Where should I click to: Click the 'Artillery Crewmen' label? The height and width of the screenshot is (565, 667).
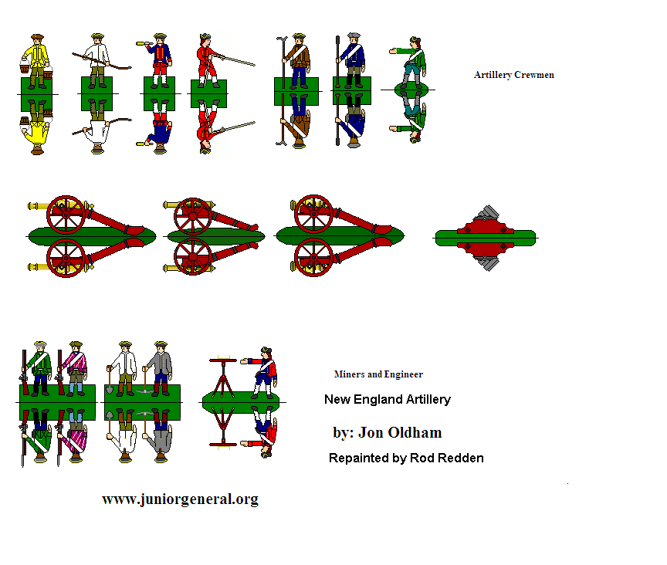point(514,75)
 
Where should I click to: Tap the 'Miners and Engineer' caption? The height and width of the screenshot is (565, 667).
point(378,374)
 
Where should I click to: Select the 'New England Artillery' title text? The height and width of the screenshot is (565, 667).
point(387,400)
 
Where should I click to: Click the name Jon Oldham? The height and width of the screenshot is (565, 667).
point(400,433)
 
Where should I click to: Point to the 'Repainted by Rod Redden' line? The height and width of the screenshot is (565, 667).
point(406,458)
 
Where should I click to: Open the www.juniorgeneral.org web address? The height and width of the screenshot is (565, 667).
point(180,499)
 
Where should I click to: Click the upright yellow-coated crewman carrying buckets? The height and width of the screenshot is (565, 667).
point(36,61)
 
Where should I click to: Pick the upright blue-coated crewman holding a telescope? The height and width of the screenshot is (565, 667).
point(158,60)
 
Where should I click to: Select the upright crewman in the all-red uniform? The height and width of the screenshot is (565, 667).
point(208,60)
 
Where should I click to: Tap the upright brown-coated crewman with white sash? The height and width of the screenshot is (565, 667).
point(299,60)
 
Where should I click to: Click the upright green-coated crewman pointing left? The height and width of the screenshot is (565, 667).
point(410,63)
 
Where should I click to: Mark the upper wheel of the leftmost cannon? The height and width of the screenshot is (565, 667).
point(66,215)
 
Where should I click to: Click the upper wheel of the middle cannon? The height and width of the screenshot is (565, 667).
point(193,216)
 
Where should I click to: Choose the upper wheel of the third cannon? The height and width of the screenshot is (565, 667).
point(313,214)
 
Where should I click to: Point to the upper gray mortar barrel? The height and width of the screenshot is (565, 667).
point(488,213)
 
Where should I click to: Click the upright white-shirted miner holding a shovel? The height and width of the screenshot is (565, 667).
point(123,368)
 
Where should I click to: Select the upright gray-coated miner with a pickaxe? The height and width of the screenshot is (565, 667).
point(159,368)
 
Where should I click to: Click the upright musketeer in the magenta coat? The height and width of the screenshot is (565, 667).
point(74,368)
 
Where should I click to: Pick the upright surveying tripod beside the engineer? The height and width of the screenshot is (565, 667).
point(223,379)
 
